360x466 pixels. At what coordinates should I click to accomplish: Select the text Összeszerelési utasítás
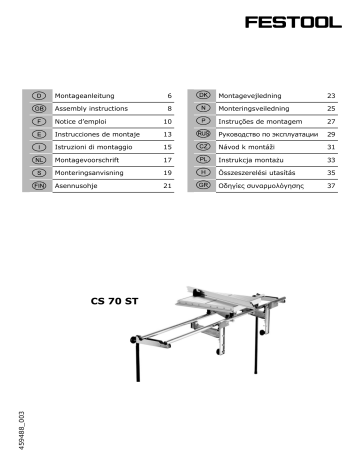(263, 172)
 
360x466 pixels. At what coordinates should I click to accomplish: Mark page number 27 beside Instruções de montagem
(329, 119)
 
